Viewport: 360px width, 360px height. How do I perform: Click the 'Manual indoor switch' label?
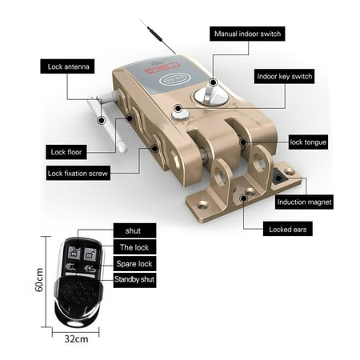click(x=247, y=34)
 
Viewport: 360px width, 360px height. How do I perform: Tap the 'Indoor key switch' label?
click(x=284, y=77)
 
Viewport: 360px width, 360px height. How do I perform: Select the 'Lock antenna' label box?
click(x=67, y=66)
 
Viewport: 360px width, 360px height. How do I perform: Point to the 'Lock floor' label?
click(x=66, y=152)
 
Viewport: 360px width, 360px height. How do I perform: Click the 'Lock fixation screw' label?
click(x=78, y=173)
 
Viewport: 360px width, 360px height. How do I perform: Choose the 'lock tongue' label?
click(x=308, y=142)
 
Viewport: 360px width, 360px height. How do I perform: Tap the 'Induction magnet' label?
click(x=304, y=202)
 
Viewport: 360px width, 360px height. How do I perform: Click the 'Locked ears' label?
click(x=288, y=229)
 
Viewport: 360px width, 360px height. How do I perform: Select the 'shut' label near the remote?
click(x=134, y=230)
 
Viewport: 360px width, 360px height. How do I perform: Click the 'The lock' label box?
click(x=134, y=247)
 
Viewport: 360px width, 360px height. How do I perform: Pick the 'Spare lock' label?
click(x=134, y=263)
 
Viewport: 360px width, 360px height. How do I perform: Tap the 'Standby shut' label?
click(x=134, y=280)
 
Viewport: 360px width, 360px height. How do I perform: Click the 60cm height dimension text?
click(x=39, y=280)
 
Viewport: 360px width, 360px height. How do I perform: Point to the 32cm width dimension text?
click(x=76, y=339)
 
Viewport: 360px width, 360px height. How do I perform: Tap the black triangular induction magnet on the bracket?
click(x=279, y=178)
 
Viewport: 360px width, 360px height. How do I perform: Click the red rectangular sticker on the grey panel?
click(x=161, y=68)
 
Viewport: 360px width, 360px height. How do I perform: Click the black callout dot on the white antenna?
click(x=101, y=120)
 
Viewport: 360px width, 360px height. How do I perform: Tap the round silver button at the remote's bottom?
click(x=76, y=323)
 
